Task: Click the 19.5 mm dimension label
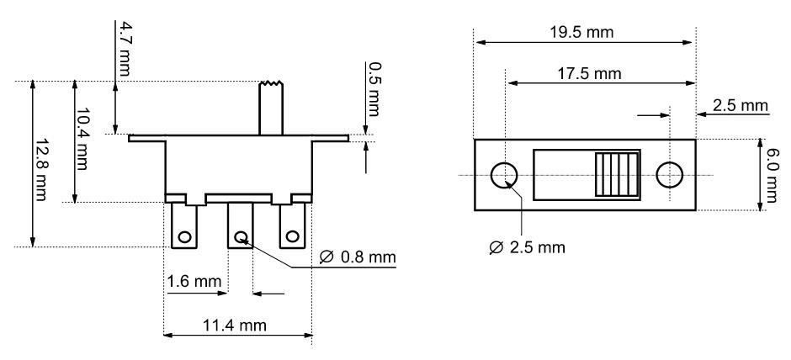(582, 32)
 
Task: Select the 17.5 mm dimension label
(589, 74)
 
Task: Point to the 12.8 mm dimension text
(40, 170)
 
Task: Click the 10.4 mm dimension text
(82, 139)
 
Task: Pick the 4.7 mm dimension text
(123, 49)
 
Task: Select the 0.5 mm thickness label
(374, 89)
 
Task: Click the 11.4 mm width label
(234, 326)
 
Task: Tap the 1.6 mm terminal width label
(194, 281)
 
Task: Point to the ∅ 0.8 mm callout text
(358, 257)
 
